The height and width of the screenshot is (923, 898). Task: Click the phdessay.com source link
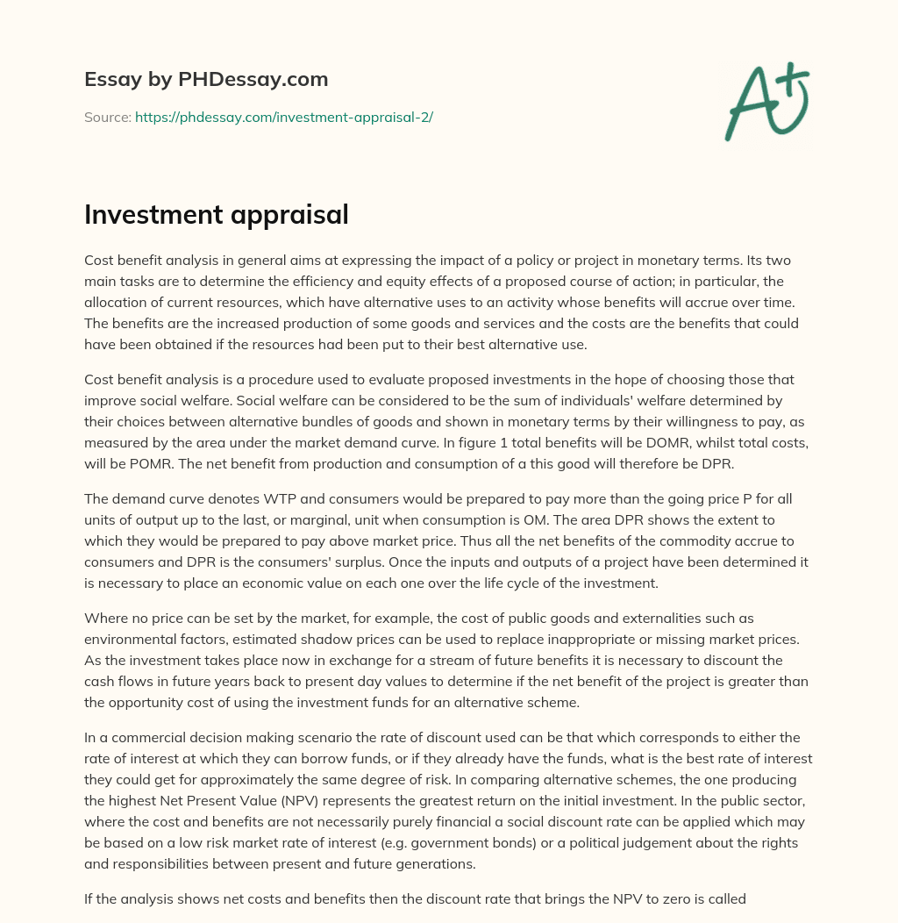(x=283, y=117)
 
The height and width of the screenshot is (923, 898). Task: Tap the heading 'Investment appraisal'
(x=216, y=215)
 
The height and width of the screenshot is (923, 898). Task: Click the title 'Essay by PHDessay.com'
(x=206, y=79)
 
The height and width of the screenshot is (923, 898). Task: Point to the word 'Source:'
(x=107, y=117)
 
